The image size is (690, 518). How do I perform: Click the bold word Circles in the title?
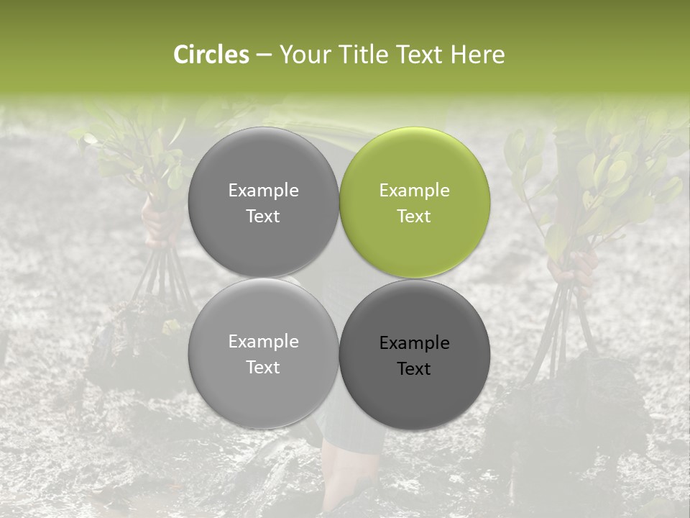coord(211,55)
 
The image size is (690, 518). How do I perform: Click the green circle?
coord(414,203)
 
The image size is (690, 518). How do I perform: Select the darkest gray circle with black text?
coord(414,355)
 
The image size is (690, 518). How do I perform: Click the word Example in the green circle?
coord(414,191)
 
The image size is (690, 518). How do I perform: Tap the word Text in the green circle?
coord(414,217)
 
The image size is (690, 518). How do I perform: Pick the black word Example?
coord(414,343)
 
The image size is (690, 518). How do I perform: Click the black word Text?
coord(414,369)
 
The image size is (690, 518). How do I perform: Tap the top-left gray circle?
coord(263,203)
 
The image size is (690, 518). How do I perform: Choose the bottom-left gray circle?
coord(263,355)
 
